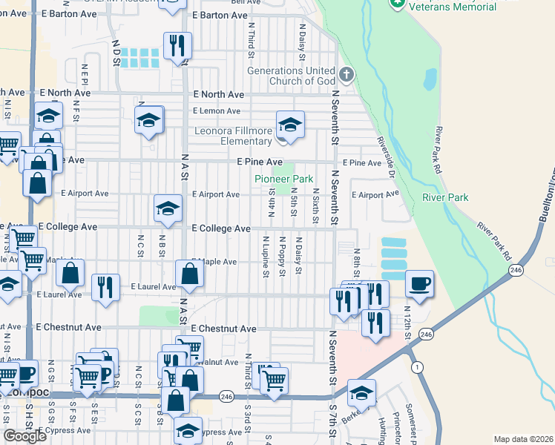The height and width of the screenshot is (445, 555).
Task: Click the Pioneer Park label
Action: tap(283, 179)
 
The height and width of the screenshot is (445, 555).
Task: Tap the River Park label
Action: tap(445, 197)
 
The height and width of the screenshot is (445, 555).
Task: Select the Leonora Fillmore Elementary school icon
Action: tap(290, 124)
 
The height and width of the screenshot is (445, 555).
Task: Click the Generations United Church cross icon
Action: tap(346, 74)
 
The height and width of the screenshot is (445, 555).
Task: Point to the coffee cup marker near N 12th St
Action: tap(419, 285)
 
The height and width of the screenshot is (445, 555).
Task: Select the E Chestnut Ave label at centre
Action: tap(223, 329)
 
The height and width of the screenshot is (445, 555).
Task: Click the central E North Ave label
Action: tap(219, 95)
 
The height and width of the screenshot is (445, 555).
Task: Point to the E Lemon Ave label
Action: tap(216, 111)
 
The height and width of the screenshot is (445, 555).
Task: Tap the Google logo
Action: tap(24, 435)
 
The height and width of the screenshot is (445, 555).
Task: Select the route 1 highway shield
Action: tap(418, 367)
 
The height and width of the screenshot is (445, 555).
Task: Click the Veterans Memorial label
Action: tap(453, 7)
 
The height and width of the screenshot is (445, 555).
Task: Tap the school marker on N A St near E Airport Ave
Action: tap(168, 209)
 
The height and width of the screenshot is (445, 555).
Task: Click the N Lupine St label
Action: tap(265, 257)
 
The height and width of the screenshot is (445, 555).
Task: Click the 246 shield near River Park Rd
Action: tap(515, 272)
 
